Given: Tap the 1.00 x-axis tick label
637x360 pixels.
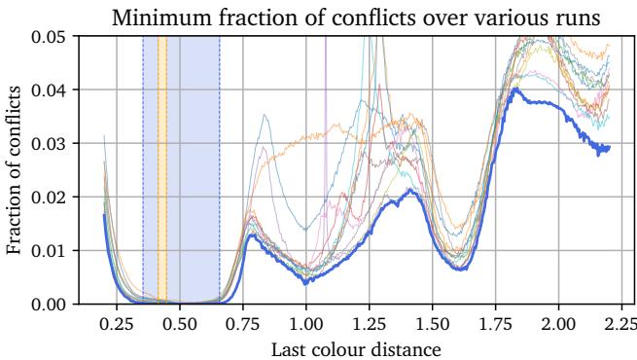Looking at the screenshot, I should tap(306, 322).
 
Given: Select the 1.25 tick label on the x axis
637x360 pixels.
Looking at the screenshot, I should tap(370, 322).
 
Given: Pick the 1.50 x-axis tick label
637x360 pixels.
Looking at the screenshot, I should tap(433, 322).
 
